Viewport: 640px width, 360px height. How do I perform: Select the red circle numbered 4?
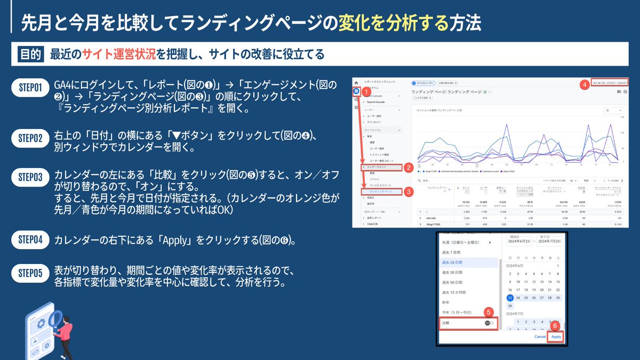coord(584,84)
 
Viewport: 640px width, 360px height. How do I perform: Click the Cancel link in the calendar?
coord(540,337)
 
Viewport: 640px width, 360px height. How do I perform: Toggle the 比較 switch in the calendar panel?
coord(489,323)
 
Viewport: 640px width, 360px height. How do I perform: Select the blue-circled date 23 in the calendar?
coord(510,298)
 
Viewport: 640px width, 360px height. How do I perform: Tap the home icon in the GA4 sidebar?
coord(356,84)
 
